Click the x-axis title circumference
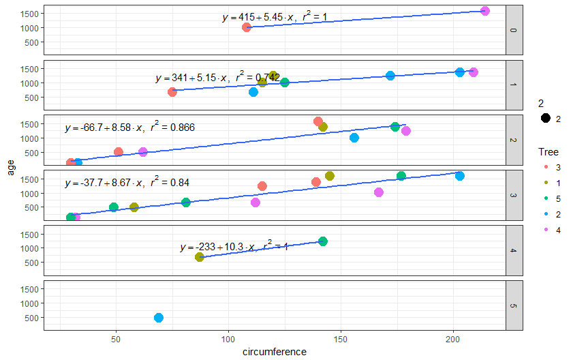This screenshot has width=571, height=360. click(x=275, y=352)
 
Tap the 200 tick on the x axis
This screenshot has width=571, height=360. click(x=454, y=339)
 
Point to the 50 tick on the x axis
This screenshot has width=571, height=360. click(x=116, y=339)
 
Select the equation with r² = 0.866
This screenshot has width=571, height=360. click(x=130, y=127)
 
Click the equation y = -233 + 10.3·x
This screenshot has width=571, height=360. click(x=234, y=247)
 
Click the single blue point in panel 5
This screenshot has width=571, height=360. click(x=159, y=318)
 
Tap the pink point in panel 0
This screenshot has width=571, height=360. click(x=485, y=11)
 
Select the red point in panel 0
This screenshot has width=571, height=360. click(x=247, y=27)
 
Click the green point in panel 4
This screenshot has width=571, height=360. click(x=323, y=241)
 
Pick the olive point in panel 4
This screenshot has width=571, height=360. click(x=200, y=257)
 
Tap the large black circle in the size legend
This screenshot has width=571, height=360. click(x=546, y=119)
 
